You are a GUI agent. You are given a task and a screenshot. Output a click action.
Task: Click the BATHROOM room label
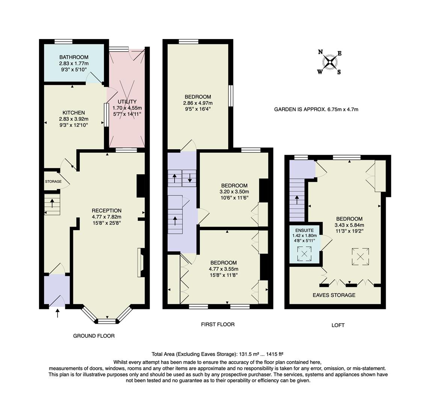[74, 57]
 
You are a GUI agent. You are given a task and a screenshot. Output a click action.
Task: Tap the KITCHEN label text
[74, 113]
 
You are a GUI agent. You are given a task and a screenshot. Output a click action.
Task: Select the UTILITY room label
[127, 102]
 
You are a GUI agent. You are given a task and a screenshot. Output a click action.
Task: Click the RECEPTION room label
[107, 211]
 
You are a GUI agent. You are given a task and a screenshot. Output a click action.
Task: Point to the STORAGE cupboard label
[53, 182]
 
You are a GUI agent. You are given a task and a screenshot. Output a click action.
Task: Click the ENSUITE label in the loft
[304, 230]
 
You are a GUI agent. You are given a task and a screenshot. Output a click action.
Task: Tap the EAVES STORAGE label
[334, 295]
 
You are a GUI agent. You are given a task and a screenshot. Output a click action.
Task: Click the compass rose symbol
[330, 62]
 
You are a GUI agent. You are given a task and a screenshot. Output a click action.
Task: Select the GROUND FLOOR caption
[94, 336]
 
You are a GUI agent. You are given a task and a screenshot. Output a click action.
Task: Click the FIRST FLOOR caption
[218, 324]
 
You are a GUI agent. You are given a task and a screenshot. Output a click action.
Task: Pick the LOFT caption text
[338, 325]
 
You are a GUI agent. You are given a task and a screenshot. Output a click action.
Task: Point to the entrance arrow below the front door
[57, 313]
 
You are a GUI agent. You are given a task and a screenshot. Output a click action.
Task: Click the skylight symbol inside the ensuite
[304, 254]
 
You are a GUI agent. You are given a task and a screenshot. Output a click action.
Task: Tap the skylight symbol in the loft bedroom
[360, 257]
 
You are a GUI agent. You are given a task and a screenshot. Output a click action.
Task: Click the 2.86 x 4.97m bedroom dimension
[198, 103]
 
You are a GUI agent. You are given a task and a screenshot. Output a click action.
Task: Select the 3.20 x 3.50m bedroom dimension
[234, 191]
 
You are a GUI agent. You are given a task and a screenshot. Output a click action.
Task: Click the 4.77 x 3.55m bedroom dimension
[223, 269]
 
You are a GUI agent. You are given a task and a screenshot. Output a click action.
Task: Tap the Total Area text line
[217, 354]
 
